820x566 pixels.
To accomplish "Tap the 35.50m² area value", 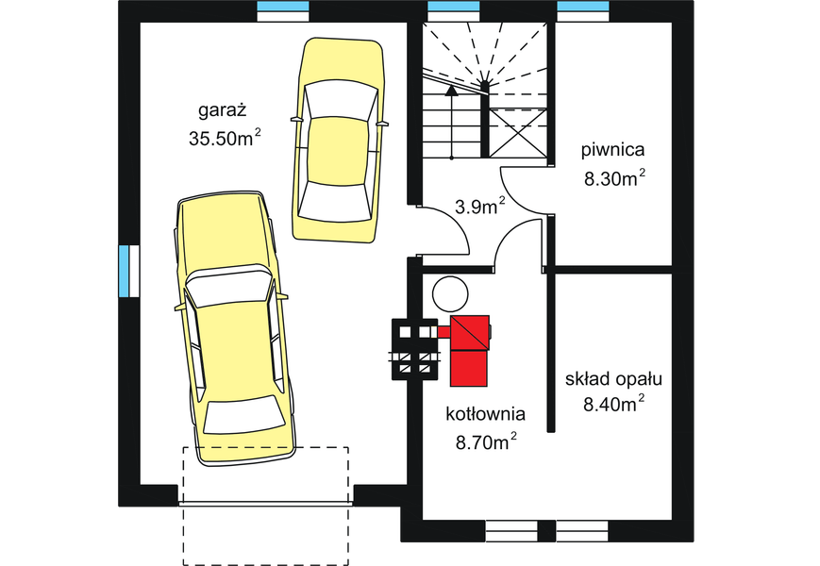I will (225, 139).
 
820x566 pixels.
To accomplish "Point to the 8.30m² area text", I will (614, 179).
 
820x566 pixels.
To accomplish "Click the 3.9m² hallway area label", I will (478, 207).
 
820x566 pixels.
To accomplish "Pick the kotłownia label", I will (485, 413).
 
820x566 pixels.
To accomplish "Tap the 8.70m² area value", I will (486, 441).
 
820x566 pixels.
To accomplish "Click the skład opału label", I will (613, 379).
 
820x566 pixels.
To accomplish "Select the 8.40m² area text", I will (614, 407).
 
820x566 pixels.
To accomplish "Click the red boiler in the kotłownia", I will (470, 350).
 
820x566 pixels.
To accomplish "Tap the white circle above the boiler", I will (449, 293).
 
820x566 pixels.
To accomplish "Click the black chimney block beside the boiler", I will (415, 349).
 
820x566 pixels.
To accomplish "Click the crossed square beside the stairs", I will (518, 132).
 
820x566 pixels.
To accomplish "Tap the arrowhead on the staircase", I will (452, 91).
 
